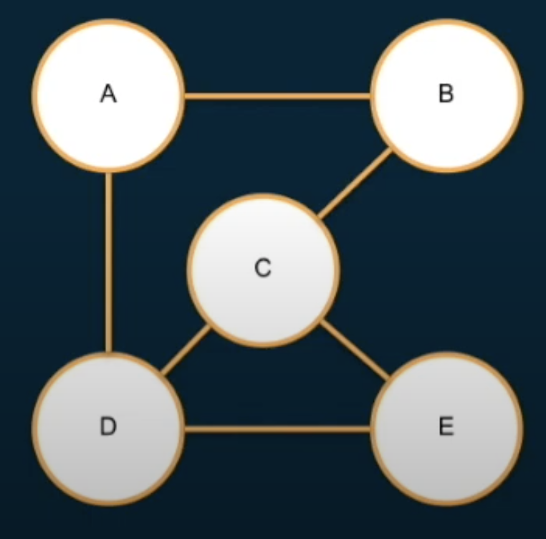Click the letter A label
(x=108, y=94)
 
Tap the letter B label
(x=446, y=94)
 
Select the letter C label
(x=262, y=268)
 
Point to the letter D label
(x=108, y=427)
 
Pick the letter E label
(x=446, y=427)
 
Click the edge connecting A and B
(x=277, y=95)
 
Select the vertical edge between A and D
(x=108, y=262)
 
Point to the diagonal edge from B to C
(x=355, y=183)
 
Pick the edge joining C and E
(x=354, y=351)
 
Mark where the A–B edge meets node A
(x=185, y=95)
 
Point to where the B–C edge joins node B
(x=391, y=149)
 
